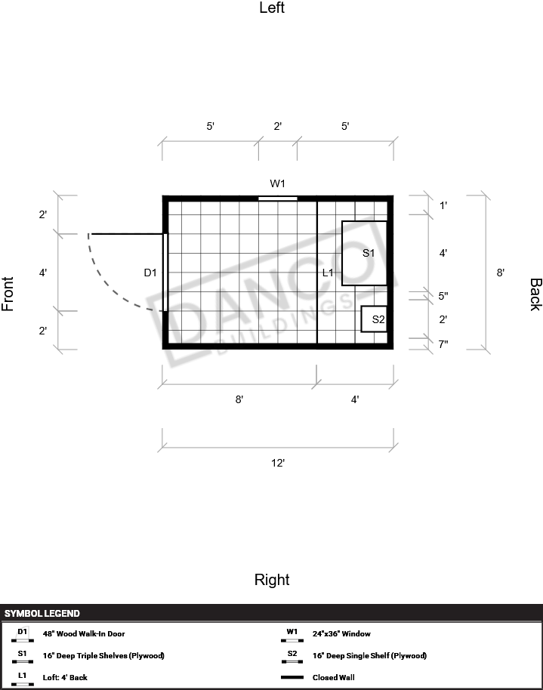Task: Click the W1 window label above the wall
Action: tap(277, 183)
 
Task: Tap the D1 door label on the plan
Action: tap(150, 273)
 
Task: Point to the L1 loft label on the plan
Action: tap(328, 273)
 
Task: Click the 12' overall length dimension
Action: tap(278, 463)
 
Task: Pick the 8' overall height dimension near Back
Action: tap(500, 273)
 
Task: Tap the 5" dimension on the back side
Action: tap(443, 296)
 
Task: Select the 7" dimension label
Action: tap(443, 344)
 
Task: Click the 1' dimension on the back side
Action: tap(443, 205)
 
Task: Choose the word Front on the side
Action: tap(8, 294)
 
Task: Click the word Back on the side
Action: tap(535, 294)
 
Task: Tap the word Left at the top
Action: tap(272, 8)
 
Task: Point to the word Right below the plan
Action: tap(272, 580)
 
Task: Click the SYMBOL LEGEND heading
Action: tap(42, 614)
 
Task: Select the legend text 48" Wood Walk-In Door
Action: tap(84, 633)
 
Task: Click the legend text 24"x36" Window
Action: tap(341, 633)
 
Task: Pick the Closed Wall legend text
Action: tap(333, 677)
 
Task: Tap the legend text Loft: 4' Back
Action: tap(65, 677)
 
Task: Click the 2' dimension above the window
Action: tap(277, 126)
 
